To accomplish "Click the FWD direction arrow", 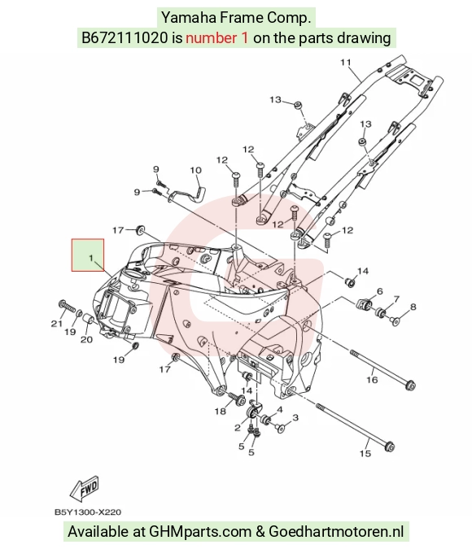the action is tap(84, 488).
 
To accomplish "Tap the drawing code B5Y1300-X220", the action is tap(88, 512).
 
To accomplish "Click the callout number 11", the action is tap(346, 63).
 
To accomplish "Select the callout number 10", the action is tap(196, 170).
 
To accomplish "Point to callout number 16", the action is tap(372, 380).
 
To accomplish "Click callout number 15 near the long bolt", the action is tap(365, 453).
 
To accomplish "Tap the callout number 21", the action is tap(57, 324).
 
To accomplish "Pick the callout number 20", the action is tap(86, 339).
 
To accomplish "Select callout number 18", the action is tap(220, 411).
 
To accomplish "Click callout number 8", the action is tap(413, 307).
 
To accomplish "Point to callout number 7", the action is tap(396, 299).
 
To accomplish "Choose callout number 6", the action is tap(380, 291).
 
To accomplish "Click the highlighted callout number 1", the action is tap(91, 258).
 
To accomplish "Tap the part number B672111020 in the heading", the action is tap(125, 37).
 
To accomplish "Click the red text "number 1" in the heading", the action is tap(217, 37).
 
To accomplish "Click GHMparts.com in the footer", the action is tap(200, 531).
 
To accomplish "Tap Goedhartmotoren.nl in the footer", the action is tap(336, 531).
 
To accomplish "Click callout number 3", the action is tap(295, 417).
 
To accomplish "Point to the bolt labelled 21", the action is tap(68, 307).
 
